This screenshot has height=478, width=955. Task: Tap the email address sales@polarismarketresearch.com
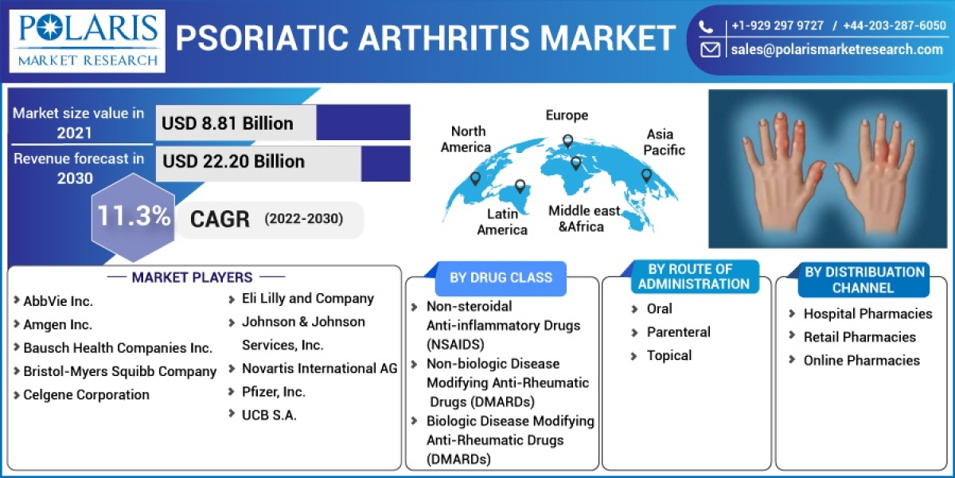click(836, 49)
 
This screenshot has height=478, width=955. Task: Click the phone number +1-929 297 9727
click(778, 25)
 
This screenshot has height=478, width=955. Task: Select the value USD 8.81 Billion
click(228, 123)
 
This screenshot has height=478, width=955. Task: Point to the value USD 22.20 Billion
click(234, 162)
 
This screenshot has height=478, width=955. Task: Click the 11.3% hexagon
click(134, 217)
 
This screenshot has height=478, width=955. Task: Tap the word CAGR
click(220, 219)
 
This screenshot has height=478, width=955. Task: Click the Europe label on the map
click(567, 116)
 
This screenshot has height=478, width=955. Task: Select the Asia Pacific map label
click(664, 142)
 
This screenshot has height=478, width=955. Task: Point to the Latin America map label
click(502, 221)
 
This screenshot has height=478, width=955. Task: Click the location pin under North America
click(475, 179)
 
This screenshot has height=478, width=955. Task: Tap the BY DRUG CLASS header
click(501, 278)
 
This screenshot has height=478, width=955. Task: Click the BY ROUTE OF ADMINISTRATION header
click(693, 276)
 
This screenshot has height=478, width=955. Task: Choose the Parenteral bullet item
click(678, 332)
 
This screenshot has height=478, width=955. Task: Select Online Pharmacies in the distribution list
click(861, 360)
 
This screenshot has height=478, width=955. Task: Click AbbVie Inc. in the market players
click(58, 301)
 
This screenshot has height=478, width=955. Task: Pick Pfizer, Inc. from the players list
click(273, 392)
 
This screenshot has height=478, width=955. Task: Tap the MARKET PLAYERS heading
click(192, 277)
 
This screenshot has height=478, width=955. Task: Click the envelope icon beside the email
click(710, 49)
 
